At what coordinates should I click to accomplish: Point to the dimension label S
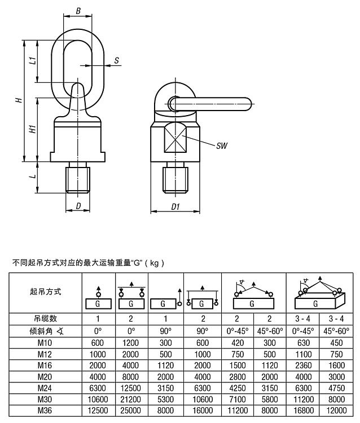pyautogui.click(x=116, y=60)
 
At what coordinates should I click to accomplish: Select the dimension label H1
pyautogui.click(x=33, y=128)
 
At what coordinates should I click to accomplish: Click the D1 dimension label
pyautogui.click(x=175, y=206)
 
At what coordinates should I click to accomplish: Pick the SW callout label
pyautogui.click(x=222, y=146)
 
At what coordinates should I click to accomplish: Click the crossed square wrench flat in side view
pyautogui.click(x=175, y=138)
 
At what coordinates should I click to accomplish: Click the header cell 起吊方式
pyautogui.click(x=45, y=292)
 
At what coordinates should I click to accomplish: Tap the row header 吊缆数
pyautogui.click(x=45, y=319)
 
